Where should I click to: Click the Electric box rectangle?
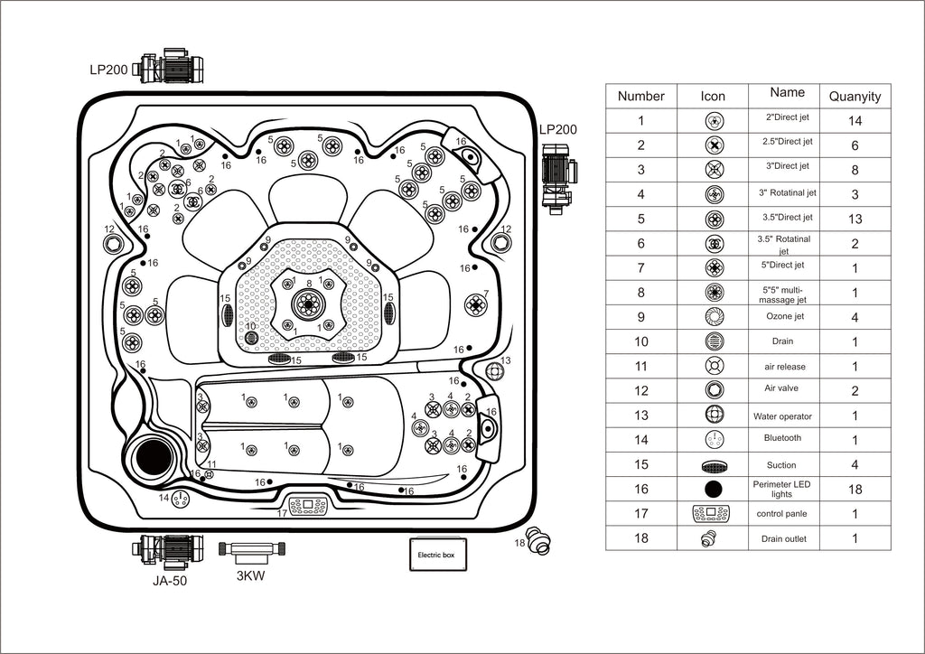point(438,554)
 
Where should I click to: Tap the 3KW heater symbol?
point(252,548)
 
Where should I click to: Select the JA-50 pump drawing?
point(167,548)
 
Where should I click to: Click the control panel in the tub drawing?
point(307,506)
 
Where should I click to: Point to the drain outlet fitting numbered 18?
point(538,540)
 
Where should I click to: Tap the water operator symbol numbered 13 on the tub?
point(495,371)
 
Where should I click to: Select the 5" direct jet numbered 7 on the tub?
point(475,305)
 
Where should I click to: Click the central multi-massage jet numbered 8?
point(308,304)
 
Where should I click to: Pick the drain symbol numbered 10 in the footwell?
point(252,338)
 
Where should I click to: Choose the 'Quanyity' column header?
point(855,96)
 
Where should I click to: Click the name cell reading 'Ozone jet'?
point(785,316)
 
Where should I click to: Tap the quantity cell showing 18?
point(855,489)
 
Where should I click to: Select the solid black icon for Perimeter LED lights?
point(714,489)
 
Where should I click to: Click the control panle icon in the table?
point(711,514)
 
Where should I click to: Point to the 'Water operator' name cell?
point(782,416)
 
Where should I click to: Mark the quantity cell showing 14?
point(855,121)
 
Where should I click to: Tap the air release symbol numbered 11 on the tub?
point(209,473)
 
